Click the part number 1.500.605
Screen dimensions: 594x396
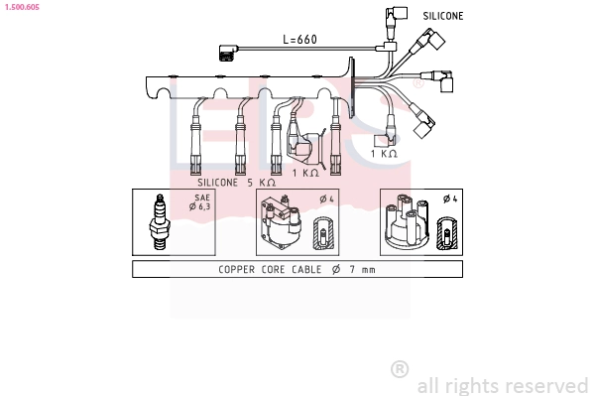coord(22,7)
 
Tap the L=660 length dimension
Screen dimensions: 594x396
coord(299,39)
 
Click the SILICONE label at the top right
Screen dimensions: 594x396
coord(443,16)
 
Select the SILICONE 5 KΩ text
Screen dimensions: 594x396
coord(236,183)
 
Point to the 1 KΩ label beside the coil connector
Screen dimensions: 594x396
coord(305,173)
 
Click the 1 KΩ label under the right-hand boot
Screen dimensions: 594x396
coord(384,154)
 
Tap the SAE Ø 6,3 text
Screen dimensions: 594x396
coord(199,202)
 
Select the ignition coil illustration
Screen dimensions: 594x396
coord(281,222)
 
